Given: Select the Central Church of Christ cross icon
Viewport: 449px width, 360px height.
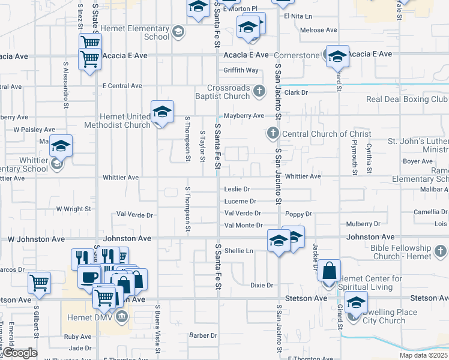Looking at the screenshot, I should point(273,133).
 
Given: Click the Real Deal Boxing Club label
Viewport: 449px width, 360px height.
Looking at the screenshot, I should point(407,99).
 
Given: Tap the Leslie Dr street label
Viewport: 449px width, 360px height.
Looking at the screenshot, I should point(237,189).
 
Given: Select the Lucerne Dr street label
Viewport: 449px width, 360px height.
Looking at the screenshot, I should point(240,201).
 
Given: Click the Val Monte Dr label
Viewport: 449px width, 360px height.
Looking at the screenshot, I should point(243,226).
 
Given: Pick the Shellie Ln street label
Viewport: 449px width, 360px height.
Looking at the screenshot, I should point(239,251).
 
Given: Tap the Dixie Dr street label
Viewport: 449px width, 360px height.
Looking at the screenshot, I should point(262,285).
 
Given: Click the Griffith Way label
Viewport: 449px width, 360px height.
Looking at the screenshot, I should point(241,70).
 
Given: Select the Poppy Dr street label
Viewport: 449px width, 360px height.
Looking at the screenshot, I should point(298,214).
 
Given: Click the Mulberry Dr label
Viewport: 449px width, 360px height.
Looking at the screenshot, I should point(363,224).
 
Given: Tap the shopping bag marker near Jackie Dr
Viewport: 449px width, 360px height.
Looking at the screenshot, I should point(330,271).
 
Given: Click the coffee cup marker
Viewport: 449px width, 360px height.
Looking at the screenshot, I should point(89,277).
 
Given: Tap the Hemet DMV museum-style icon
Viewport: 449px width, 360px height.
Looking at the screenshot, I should point(122,316).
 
